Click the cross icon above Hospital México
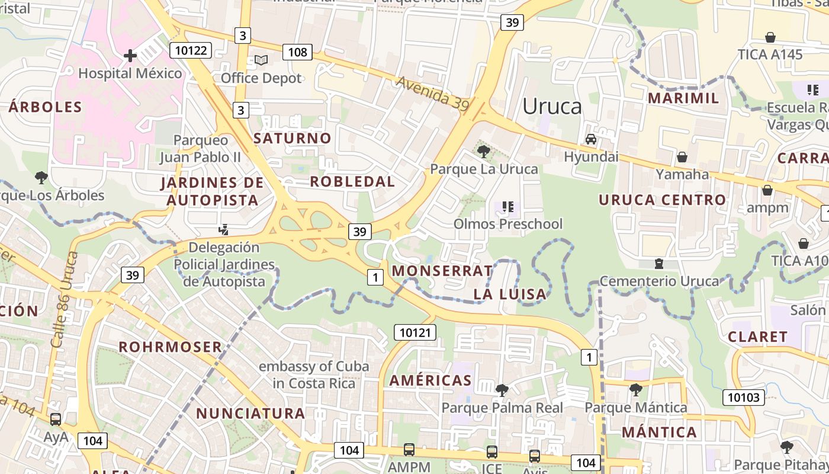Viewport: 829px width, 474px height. coord(130,56)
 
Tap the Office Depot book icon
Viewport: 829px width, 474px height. coord(261,60)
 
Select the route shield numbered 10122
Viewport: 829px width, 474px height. coord(191,50)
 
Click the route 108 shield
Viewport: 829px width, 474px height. coord(297,52)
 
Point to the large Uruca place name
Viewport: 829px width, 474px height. coord(552,107)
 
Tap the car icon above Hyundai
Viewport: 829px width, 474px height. coord(590,139)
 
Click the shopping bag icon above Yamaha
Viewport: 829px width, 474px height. coord(682,157)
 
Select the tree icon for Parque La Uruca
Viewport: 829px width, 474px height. coord(484,152)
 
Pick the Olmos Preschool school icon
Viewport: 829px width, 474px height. coord(507,207)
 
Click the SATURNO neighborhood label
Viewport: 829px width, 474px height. coord(293,139)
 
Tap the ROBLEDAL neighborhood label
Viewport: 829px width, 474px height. coord(352,182)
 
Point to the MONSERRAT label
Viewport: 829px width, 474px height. coord(442,271)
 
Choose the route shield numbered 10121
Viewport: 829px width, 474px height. coord(415,332)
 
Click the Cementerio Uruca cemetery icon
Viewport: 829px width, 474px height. coord(658,264)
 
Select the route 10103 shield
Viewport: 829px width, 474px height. coord(743,397)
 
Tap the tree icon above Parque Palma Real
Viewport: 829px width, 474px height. coord(502,390)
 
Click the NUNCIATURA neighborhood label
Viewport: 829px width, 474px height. coord(250,414)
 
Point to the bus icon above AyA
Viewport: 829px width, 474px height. coord(56,419)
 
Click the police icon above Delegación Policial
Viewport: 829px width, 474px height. coord(224,229)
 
